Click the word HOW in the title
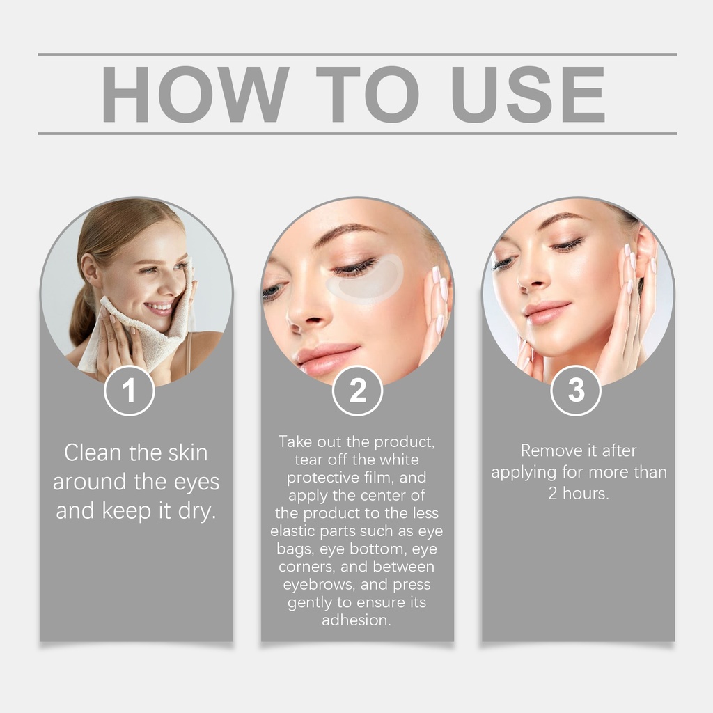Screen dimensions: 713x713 tap(195, 94)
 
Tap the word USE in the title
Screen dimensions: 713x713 tap(528, 94)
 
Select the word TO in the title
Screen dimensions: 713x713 tap(368, 94)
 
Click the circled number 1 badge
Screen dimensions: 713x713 tap(129, 391)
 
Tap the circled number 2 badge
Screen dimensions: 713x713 tap(357, 391)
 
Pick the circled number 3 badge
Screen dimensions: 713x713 tap(576, 391)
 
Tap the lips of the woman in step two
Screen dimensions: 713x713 tap(325, 357)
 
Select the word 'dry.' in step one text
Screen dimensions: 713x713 tap(196, 511)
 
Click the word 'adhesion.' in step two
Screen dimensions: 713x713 tap(356, 620)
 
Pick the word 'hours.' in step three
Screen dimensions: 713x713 tap(586, 494)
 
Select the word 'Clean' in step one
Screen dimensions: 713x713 tap(93, 453)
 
